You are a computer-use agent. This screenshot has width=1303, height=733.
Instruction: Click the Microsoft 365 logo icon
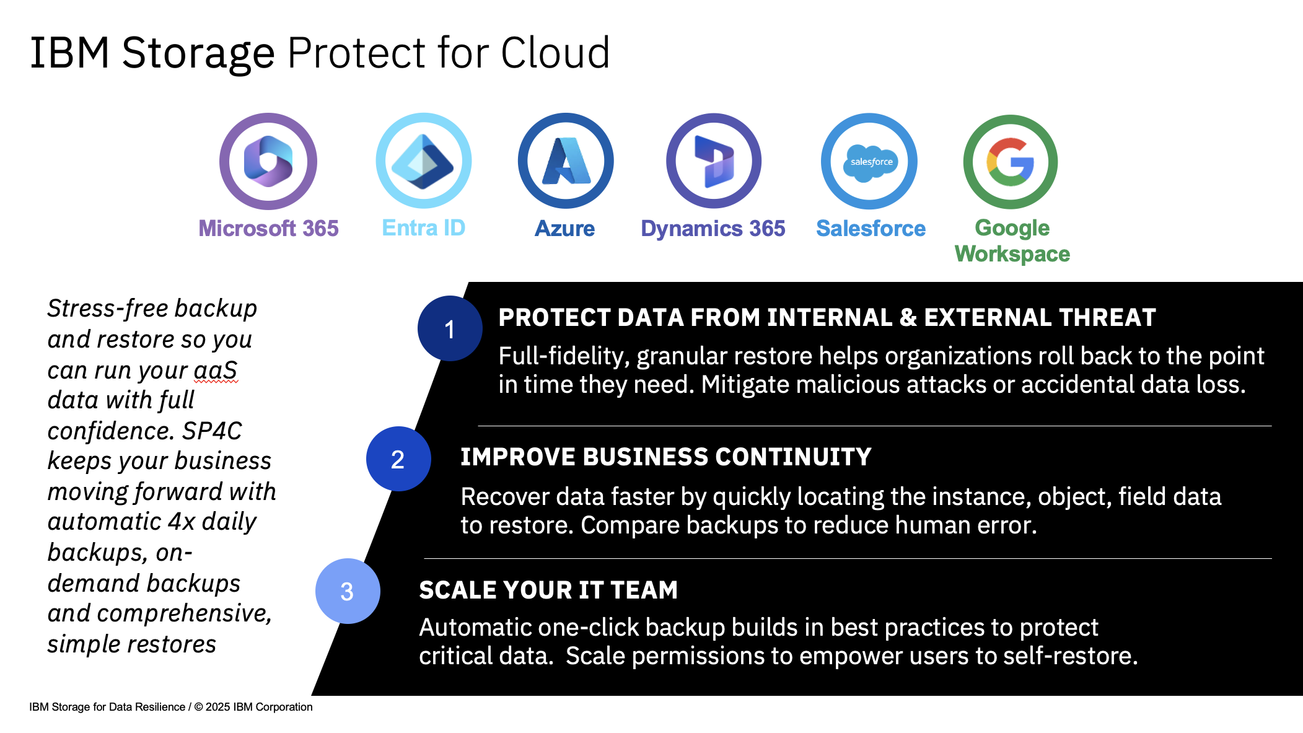[x=268, y=161]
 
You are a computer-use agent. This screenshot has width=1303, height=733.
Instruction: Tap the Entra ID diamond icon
[x=424, y=161]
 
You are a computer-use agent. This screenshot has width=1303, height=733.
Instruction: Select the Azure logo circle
[x=566, y=161]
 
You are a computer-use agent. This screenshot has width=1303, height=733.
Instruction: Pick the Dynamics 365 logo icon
[x=714, y=161]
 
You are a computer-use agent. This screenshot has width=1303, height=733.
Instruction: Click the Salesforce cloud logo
[x=870, y=162]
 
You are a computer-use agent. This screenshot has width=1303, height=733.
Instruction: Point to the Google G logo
[x=1011, y=162]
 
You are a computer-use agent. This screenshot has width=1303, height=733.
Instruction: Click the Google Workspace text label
[x=1012, y=241]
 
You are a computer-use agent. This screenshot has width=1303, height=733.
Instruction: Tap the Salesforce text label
[x=871, y=229]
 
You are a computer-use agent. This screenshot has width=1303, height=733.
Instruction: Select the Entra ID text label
[x=424, y=228]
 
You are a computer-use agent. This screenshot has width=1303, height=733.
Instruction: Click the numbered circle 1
[x=450, y=328]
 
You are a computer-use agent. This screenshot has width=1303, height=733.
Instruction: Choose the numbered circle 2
[x=398, y=459]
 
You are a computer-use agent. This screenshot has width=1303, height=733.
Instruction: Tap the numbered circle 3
[x=348, y=591]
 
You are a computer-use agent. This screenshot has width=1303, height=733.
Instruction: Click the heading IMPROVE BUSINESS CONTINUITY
[x=665, y=457]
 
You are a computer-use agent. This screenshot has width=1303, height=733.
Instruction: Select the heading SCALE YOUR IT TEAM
[x=548, y=590]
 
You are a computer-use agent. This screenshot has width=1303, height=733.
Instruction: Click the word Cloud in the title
[x=555, y=53]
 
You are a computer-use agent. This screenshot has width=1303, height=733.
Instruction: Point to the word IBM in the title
[x=69, y=53]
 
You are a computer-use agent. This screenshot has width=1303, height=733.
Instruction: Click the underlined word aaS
[x=216, y=370]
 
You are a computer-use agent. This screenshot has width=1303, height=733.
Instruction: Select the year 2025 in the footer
[x=217, y=707]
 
